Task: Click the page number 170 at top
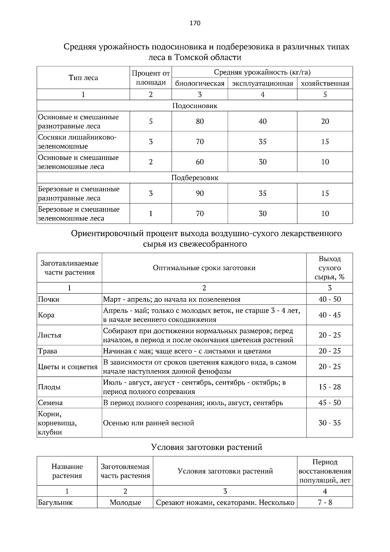[x=195, y=23]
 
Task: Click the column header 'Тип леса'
[x=83, y=78]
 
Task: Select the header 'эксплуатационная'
[x=262, y=84]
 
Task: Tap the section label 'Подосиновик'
[x=195, y=106]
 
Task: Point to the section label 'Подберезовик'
[x=195, y=178]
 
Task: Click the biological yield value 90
[x=200, y=193]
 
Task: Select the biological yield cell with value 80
[x=200, y=121]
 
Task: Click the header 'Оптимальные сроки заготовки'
[x=204, y=268]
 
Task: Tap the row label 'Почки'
[x=49, y=299]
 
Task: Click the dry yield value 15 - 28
[x=330, y=387]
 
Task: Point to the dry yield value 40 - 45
[x=330, y=315]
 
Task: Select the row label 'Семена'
[x=50, y=403]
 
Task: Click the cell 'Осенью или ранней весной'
[x=149, y=423]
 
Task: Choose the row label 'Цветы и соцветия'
[x=68, y=367]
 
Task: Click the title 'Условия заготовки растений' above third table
[x=207, y=447]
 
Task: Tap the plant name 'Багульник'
[x=56, y=503]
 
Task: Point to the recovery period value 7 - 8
[x=325, y=503]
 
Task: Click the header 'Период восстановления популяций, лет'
[x=325, y=471]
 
